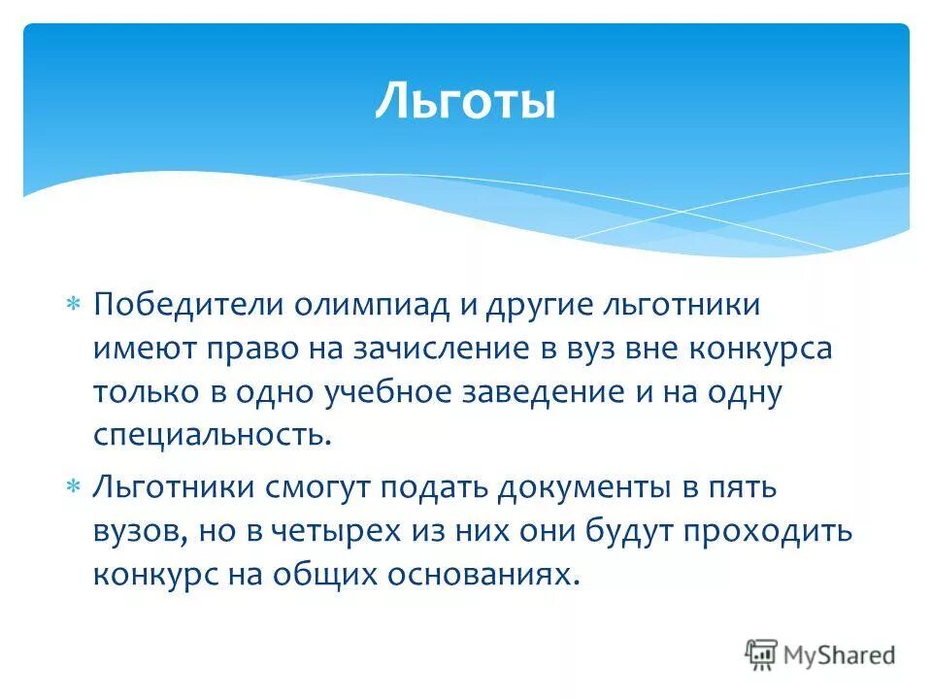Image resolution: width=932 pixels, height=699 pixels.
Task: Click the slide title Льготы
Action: coord(465,102)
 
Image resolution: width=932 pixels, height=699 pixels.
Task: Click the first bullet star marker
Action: coord(73,305)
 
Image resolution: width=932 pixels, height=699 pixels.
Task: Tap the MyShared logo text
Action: coord(840,654)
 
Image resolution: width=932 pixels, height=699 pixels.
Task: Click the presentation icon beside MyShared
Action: coord(762,653)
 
